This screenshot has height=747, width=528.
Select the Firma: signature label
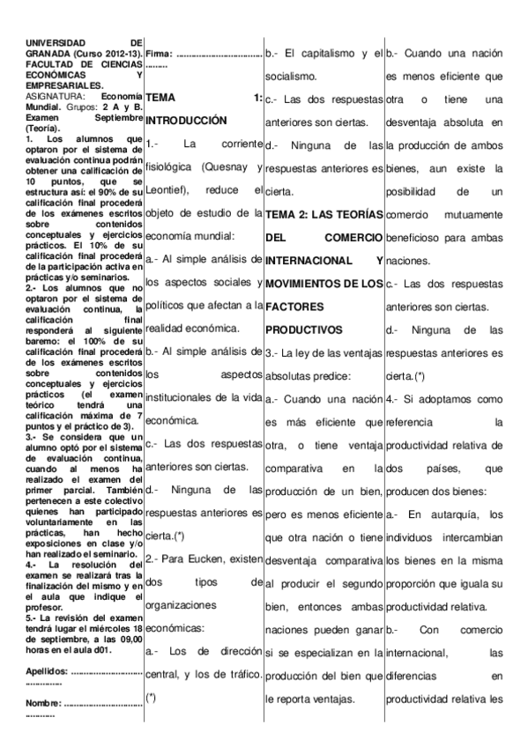(x=160, y=55)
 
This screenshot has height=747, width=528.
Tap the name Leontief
(x=166, y=189)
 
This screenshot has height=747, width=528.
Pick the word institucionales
(x=190, y=397)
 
